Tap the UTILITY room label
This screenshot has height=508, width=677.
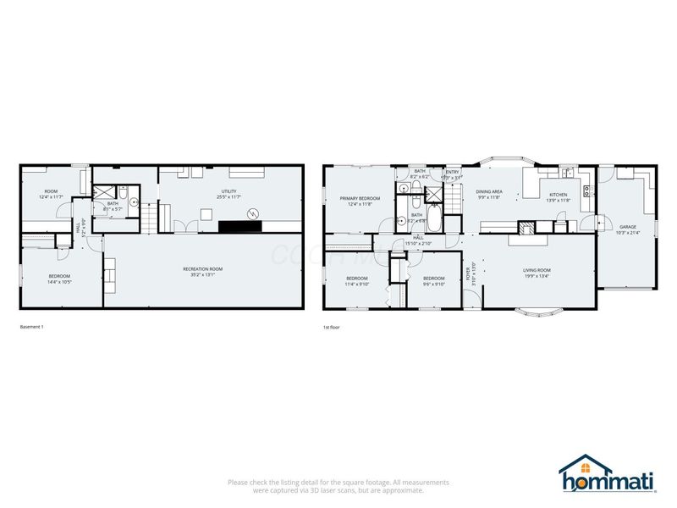coord(228,191)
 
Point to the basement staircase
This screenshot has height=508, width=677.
coord(150,218)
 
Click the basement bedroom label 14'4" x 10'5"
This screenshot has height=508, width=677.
coord(59,279)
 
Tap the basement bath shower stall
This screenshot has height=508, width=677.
coord(102,191)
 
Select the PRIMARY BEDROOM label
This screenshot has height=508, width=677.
coord(360,198)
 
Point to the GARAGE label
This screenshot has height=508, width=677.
coord(627,227)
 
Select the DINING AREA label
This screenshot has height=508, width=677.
coord(488,191)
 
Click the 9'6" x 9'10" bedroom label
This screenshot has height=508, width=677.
coord(434,280)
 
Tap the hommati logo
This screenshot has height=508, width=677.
coord(607,474)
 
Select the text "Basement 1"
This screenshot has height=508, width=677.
coord(31,326)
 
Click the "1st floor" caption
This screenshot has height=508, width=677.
coord(331,326)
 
